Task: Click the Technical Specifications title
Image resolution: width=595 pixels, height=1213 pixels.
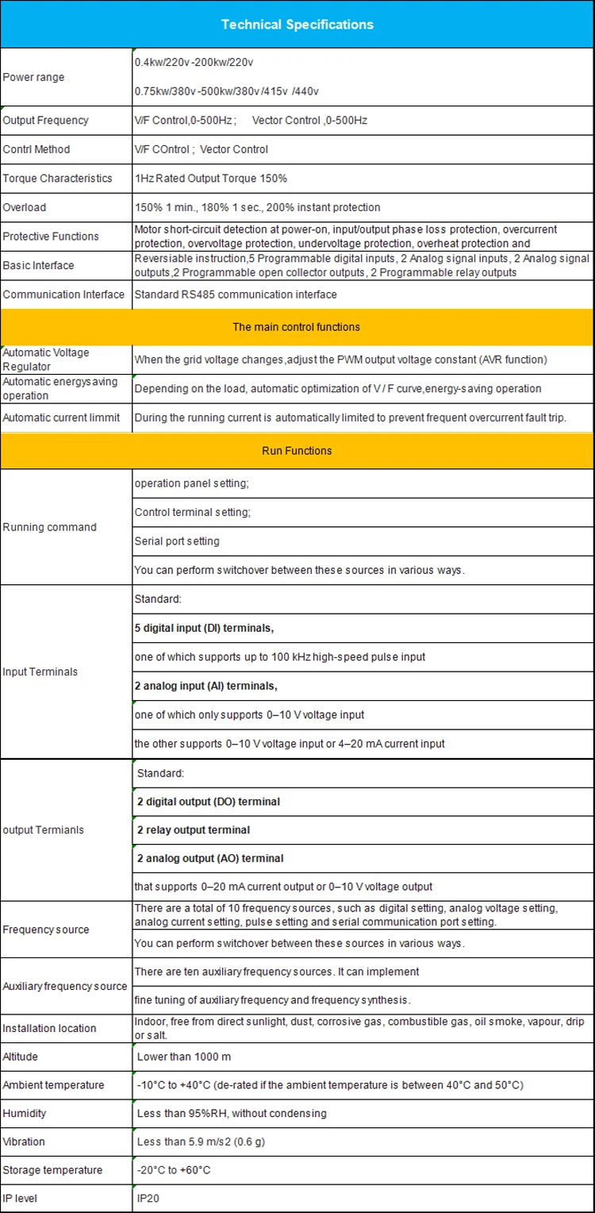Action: (297, 25)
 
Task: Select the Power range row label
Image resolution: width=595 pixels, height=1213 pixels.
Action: (34, 77)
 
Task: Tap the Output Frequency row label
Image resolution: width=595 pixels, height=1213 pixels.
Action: (46, 121)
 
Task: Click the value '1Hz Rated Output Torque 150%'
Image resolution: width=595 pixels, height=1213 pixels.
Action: (211, 179)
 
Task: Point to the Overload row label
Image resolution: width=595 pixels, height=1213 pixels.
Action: (25, 207)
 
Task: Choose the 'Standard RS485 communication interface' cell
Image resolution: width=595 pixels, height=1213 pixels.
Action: (236, 295)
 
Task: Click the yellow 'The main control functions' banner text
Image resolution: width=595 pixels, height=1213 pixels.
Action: (296, 327)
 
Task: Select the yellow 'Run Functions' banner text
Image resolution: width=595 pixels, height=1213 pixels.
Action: (297, 451)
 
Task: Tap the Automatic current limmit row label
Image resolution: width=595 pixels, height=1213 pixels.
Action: (62, 418)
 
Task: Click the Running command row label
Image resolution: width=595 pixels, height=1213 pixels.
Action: (50, 527)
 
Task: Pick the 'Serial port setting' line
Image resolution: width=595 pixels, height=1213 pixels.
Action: (177, 541)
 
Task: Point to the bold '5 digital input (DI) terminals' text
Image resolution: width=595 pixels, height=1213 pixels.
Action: (205, 628)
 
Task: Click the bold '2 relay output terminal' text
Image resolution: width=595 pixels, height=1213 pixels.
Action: (194, 830)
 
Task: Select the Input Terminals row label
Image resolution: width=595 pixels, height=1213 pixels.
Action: (40, 672)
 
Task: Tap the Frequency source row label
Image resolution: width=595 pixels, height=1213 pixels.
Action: (46, 930)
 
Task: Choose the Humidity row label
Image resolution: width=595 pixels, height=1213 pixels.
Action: (24, 1114)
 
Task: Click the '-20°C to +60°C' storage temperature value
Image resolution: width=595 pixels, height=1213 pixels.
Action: (174, 1170)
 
